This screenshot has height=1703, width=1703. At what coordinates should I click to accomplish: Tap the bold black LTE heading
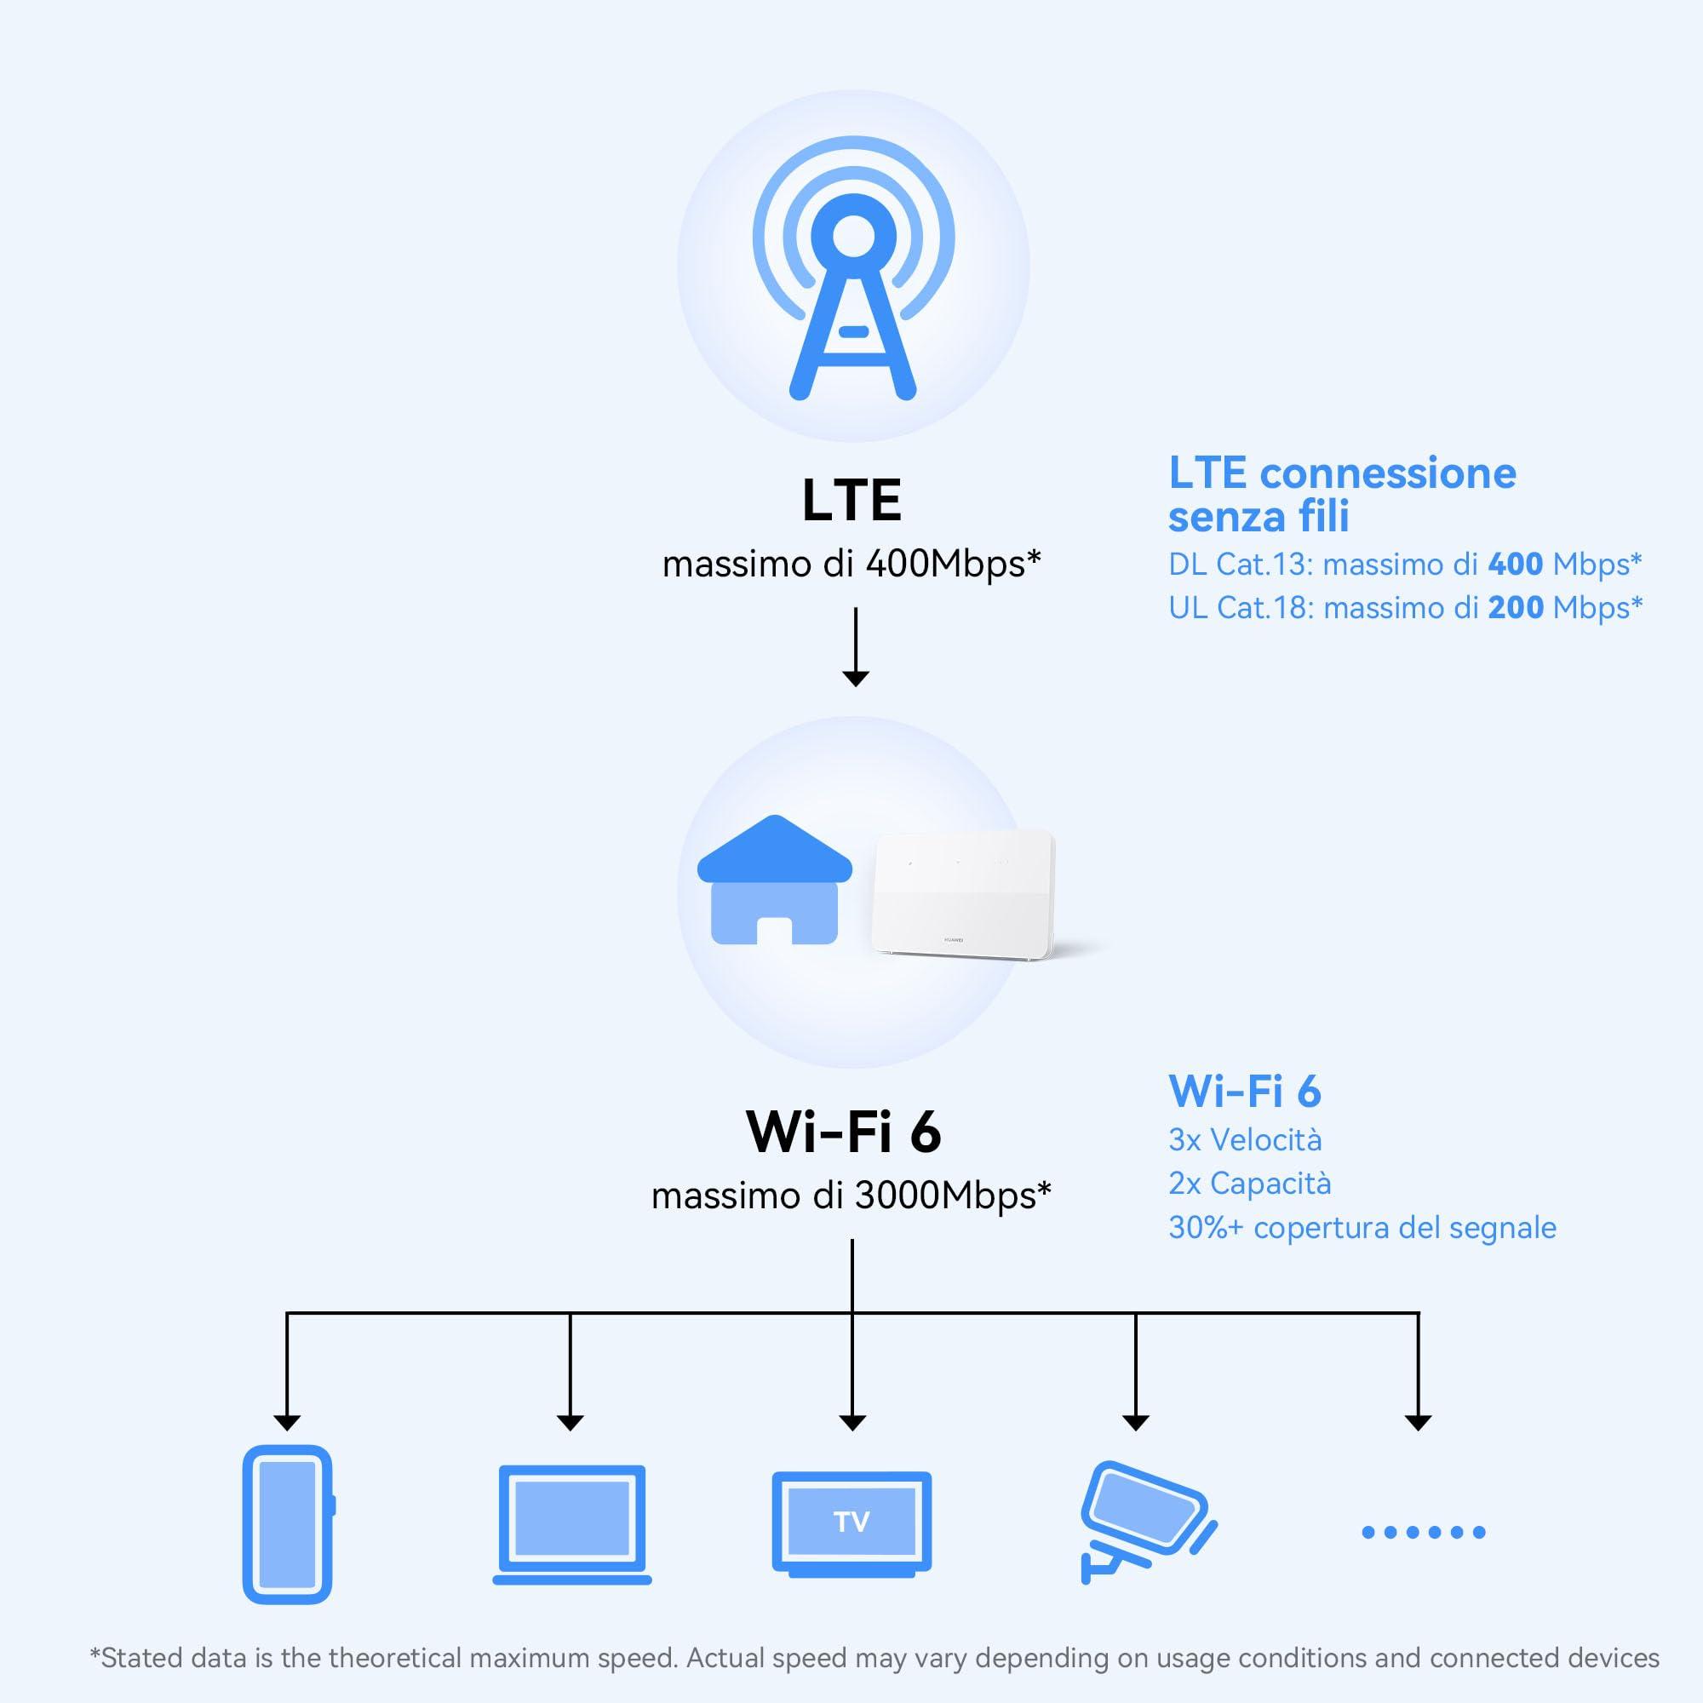pyautogui.click(x=851, y=501)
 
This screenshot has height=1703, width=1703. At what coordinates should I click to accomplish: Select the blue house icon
pyautogui.click(x=774, y=880)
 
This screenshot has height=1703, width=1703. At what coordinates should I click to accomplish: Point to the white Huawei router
pyautogui.click(x=962, y=896)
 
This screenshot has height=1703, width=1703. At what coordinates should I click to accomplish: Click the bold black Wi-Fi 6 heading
pyautogui.click(x=844, y=1132)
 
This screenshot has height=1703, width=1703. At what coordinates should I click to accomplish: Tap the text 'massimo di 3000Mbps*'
pyautogui.click(x=851, y=1196)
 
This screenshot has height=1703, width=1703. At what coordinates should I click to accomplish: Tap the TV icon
pyautogui.click(x=851, y=1522)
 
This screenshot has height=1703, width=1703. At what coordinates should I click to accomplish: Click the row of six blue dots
pyautogui.click(x=1423, y=1533)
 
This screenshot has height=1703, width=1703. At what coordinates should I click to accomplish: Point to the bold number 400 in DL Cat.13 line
pyautogui.click(x=1514, y=565)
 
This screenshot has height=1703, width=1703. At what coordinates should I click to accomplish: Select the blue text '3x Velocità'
pyautogui.click(x=1245, y=1140)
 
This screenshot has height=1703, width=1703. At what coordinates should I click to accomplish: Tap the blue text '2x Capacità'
pyautogui.click(x=1249, y=1183)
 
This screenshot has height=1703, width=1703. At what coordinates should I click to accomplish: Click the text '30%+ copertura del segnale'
pyautogui.click(x=1362, y=1227)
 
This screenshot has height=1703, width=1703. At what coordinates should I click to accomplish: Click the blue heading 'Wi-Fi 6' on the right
pyautogui.click(x=1245, y=1092)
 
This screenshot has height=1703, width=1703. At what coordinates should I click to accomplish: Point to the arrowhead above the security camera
pyautogui.click(x=1135, y=1422)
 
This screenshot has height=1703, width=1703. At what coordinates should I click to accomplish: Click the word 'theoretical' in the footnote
pyautogui.click(x=458, y=1658)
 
